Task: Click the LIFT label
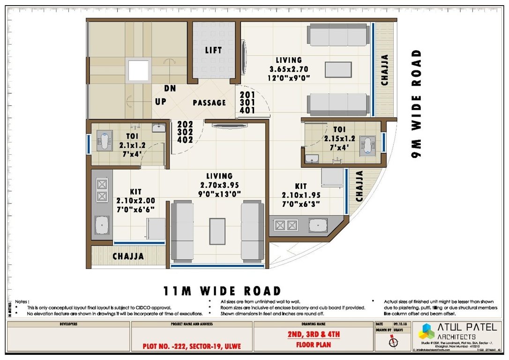[213, 50]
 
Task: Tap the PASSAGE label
[209, 103]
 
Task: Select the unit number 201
[247, 94]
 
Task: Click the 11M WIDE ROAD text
[222, 291]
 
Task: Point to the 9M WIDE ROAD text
[416, 103]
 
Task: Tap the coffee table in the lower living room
[217, 231]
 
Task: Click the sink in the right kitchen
[319, 225]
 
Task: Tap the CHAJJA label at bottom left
[128, 256]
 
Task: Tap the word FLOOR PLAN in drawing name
[314, 345]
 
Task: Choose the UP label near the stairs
[160, 102]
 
